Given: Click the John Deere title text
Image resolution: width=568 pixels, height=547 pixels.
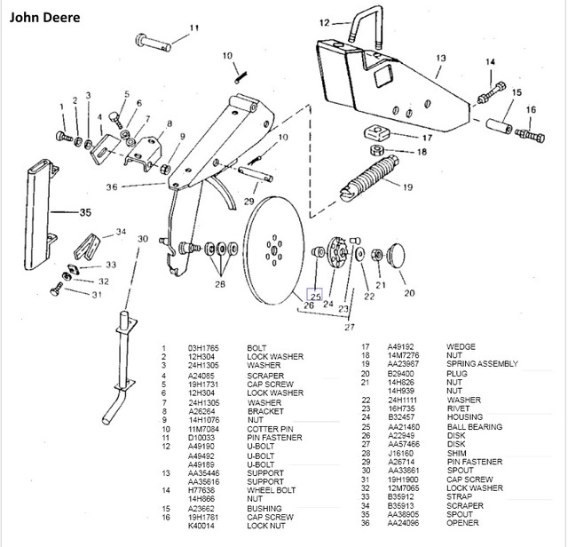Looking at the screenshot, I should (x=45, y=18).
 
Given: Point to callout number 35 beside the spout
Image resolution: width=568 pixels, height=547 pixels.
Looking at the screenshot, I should (x=85, y=212).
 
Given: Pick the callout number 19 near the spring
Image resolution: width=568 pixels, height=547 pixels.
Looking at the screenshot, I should (x=409, y=187).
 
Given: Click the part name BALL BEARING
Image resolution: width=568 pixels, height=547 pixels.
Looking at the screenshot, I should (x=474, y=426).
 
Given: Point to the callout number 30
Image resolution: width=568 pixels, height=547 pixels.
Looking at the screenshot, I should (x=142, y=238).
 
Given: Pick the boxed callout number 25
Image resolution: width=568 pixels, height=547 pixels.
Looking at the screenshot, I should (x=315, y=296).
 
